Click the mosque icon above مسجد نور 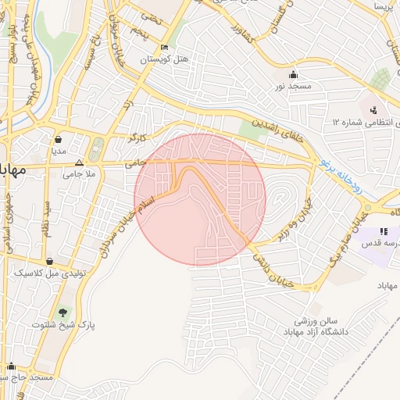pos(293,75)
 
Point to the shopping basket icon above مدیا pos(58,138)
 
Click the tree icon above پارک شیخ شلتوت pos(62,311)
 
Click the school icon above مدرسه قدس pos(383,232)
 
